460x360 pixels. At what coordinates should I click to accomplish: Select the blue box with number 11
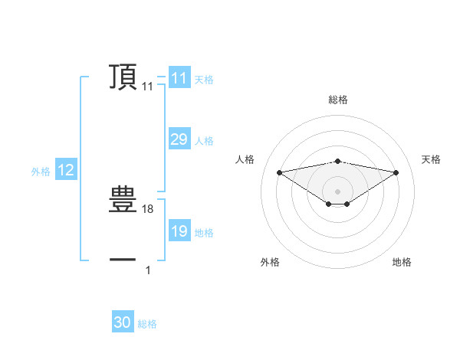(179, 78)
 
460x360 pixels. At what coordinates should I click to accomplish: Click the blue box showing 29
(179, 139)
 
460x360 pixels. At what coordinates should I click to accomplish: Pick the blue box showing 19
(179, 231)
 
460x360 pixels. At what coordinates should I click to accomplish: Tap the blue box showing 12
(66, 171)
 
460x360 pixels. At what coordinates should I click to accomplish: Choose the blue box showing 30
(122, 323)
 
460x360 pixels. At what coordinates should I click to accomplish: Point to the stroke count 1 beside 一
(148, 270)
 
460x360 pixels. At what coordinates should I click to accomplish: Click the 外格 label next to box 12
(41, 172)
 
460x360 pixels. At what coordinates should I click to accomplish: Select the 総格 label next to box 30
(147, 324)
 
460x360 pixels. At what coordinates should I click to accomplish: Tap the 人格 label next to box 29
(204, 141)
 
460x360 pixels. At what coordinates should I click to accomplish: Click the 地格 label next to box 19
(204, 233)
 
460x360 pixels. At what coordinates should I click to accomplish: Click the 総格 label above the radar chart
(337, 100)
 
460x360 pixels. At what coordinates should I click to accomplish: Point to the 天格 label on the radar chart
(431, 159)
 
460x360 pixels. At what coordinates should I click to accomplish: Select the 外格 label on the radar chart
(270, 262)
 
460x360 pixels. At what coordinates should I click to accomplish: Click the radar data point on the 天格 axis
(396, 172)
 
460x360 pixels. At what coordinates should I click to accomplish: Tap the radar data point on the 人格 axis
(279, 172)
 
